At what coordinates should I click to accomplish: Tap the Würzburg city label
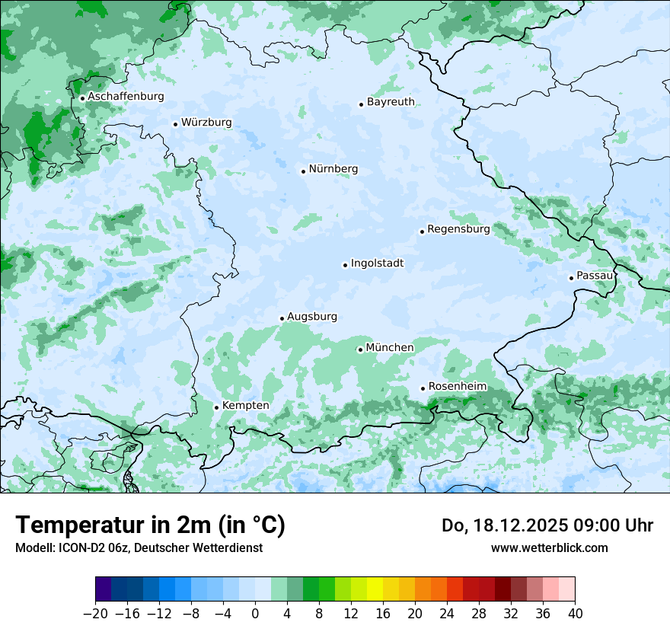(x=206, y=123)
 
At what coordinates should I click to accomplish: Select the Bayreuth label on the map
(x=391, y=102)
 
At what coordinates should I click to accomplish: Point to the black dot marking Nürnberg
(x=303, y=171)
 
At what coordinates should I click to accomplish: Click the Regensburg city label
(x=458, y=229)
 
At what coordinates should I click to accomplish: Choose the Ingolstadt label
(x=377, y=263)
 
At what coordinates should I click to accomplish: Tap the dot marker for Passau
(x=571, y=278)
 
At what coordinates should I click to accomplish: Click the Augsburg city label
(x=312, y=317)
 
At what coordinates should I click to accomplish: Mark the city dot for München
(x=360, y=350)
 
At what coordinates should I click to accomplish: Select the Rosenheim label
(x=457, y=387)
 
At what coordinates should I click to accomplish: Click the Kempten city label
(x=246, y=406)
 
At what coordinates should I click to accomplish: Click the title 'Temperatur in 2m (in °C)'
(x=150, y=525)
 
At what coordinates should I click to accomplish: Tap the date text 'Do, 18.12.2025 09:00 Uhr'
(x=547, y=525)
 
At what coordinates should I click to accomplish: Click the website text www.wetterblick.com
(x=549, y=547)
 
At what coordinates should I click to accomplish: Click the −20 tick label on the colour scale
(x=96, y=614)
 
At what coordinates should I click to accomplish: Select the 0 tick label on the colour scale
(x=255, y=614)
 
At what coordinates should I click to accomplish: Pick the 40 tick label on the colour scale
(x=575, y=614)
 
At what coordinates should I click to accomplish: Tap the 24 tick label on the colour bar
(x=447, y=614)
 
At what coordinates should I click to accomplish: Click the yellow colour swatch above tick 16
(x=375, y=589)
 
